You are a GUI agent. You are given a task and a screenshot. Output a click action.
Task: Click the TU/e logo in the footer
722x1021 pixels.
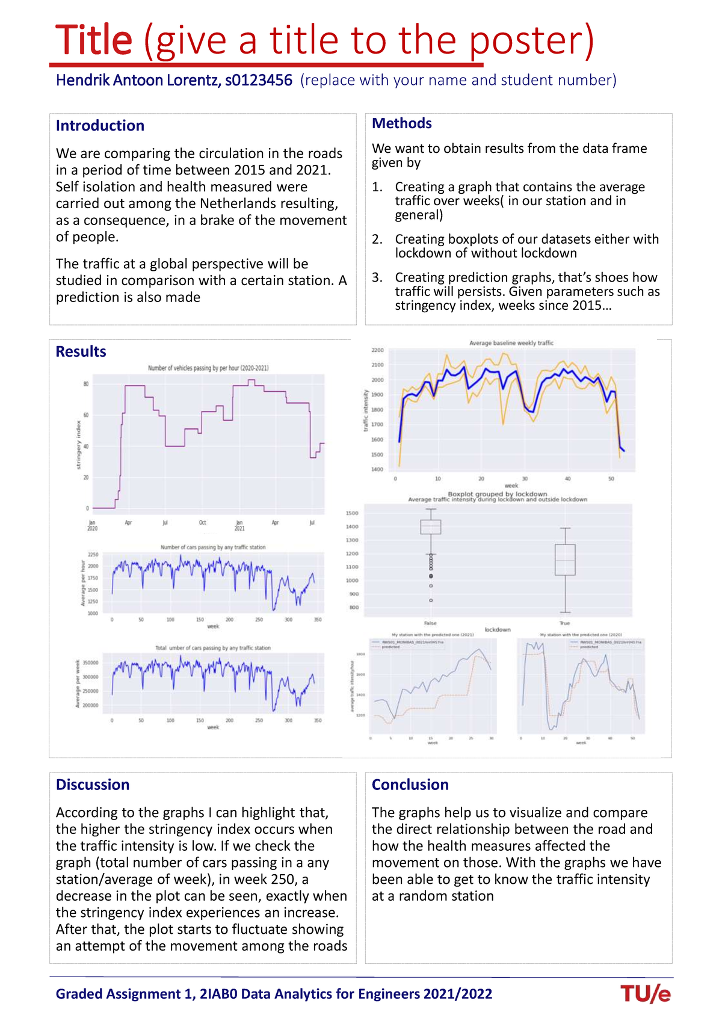[x=646, y=993]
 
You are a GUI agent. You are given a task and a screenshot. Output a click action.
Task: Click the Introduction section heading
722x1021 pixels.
[x=100, y=126]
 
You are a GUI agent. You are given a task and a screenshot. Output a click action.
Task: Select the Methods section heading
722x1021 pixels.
[x=401, y=123]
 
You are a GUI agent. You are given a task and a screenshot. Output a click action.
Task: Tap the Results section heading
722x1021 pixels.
[x=81, y=352]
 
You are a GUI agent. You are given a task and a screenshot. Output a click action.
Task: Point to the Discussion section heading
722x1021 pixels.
[x=93, y=785]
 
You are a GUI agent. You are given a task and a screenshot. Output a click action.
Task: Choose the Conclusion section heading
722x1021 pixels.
[x=410, y=785]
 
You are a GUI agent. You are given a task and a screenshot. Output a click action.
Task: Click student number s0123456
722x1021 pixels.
[x=259, y=80]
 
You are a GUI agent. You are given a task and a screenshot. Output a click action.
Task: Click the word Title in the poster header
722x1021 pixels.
[x=94, y=40]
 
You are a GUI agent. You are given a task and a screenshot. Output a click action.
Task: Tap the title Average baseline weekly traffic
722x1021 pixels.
[x=511, y=343]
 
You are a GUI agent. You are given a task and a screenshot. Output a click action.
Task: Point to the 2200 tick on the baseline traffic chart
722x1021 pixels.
[x=377, y=350]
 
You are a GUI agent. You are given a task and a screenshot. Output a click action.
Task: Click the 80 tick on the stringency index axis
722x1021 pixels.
[x=86, y=384]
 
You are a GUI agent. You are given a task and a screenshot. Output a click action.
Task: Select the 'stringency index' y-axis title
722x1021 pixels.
[x=78, y=446]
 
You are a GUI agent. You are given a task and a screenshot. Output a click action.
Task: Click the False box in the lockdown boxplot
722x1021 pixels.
[x=430, y=527]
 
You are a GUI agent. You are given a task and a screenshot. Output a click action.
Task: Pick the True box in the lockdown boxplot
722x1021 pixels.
[x=564, y=560]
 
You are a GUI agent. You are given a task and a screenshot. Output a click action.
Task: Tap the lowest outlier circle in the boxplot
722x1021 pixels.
[x=430, y=600]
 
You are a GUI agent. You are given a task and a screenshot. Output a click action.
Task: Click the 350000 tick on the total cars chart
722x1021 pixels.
[x=90, y=663]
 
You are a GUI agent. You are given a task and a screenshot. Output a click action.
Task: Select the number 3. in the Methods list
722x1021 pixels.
[x=377, y=277]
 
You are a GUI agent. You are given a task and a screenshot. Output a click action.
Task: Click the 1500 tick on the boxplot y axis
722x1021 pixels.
[x=352, y=513]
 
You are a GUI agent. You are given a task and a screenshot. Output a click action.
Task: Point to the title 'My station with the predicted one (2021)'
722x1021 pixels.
[x=433, y=635]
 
